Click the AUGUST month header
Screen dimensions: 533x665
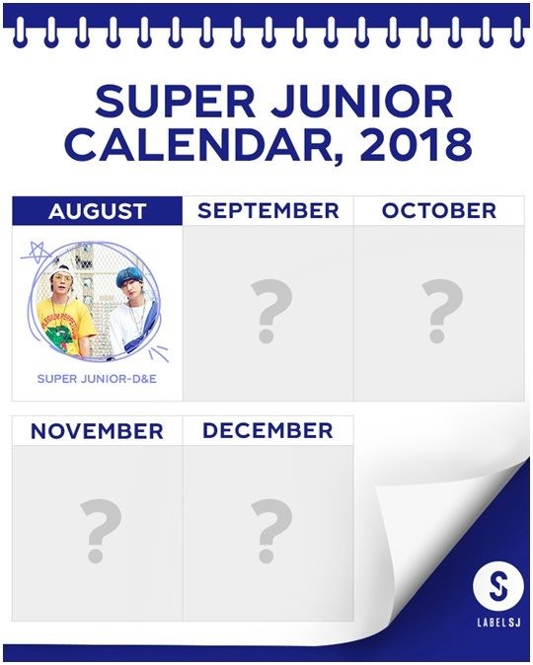click(x=97, y=211)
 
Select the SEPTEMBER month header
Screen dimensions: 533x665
click(x=268, y=211)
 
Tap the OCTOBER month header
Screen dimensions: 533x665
click(x=439, y=211)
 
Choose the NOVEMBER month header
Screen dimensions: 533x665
click(x=97, y=431)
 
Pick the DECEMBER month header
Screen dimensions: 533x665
click(x=267, y=430)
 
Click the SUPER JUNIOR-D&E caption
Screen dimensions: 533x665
click(x=97, y=378)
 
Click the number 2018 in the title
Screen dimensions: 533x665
click(x=416, y=145)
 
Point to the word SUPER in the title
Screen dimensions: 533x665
click(x=175, y=102)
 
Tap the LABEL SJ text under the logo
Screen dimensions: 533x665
click(x=498, y=623)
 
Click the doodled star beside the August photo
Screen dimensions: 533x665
click(x=37, y=253)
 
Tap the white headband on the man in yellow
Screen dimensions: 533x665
click(x=57, y=270)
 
